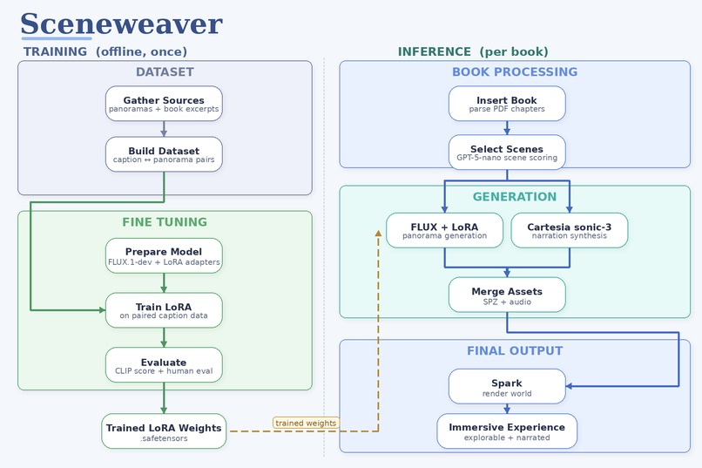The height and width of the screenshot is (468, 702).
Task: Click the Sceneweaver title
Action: click(x=121, y=24)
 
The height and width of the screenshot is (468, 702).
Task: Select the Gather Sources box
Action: click(x=164, y=104)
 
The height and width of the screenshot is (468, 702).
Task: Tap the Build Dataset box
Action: click(x=164, y=154)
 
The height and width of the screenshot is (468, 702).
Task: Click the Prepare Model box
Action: click(x=164, y=255)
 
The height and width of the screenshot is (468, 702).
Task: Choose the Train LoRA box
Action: click(x=164, y=310)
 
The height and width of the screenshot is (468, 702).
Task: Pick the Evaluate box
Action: click(x=164, y=365)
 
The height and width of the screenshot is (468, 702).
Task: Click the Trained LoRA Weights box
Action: click(x=164, y=431)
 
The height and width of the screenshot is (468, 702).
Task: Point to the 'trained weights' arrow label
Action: click(x=305, y=424)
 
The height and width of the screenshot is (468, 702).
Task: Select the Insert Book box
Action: click(x=507, y=104)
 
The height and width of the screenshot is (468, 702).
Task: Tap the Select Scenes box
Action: click(x=507, y=153)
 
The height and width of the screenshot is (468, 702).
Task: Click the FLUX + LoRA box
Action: click(x=444, y=230)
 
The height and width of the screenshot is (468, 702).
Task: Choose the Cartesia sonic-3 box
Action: click(x=569, y=230)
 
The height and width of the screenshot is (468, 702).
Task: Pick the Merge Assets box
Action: click(x=507, y=295)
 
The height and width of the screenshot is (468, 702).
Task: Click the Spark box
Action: click(x=507, y=387)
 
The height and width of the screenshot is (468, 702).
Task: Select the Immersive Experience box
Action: click(x=507, y=431)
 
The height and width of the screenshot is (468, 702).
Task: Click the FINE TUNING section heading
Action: click(x=165, y=222)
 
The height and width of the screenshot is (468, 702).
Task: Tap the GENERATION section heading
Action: click(x=514, y=197)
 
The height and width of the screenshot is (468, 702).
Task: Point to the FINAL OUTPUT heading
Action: click(x=514, y=351)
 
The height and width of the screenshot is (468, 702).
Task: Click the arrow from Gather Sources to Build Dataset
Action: click(x=164, y=129)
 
